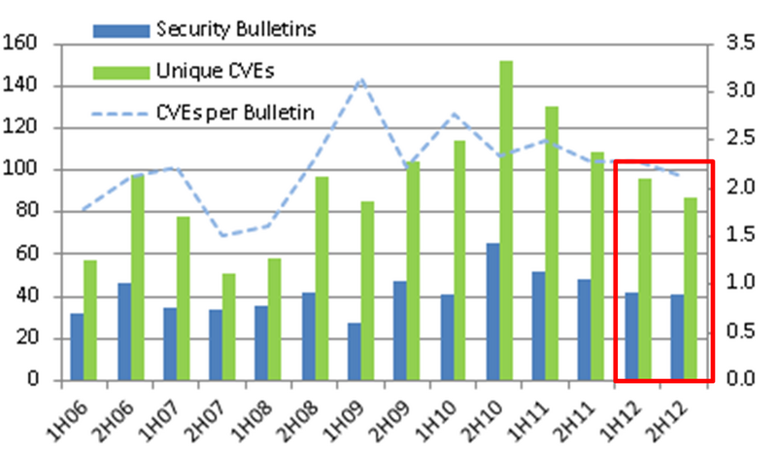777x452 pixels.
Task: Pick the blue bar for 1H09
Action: (x=354, y=351)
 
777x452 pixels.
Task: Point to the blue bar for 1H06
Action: (x=77, y=346)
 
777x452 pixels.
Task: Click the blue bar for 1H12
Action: (x=631, y=335)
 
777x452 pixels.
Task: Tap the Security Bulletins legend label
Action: (x=236, y=30)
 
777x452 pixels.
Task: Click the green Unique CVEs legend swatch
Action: (x=121, y=72)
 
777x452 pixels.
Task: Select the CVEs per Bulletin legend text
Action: (x=234, y=113)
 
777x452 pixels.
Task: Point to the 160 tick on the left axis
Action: (x=20, y=44)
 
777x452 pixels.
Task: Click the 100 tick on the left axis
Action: (x=20, y=170)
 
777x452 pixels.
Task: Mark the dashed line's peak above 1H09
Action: (x=361, y=80)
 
